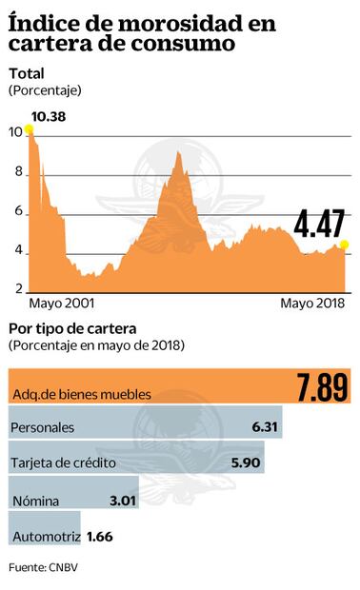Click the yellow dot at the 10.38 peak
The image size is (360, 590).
(x=30, y=130)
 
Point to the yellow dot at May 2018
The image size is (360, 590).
(x=343, y=246)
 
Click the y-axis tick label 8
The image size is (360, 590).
(x=16, y=173)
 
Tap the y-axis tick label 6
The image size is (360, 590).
(x=16, y=213)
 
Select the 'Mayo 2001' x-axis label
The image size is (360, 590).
(x=61, y=304)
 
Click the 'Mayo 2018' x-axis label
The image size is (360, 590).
(x=310, y=304)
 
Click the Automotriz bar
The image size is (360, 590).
(x=45, y=536)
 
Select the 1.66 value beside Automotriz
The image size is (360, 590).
(x=100, y=536)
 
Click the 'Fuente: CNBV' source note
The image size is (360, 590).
(x=43, y=568)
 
